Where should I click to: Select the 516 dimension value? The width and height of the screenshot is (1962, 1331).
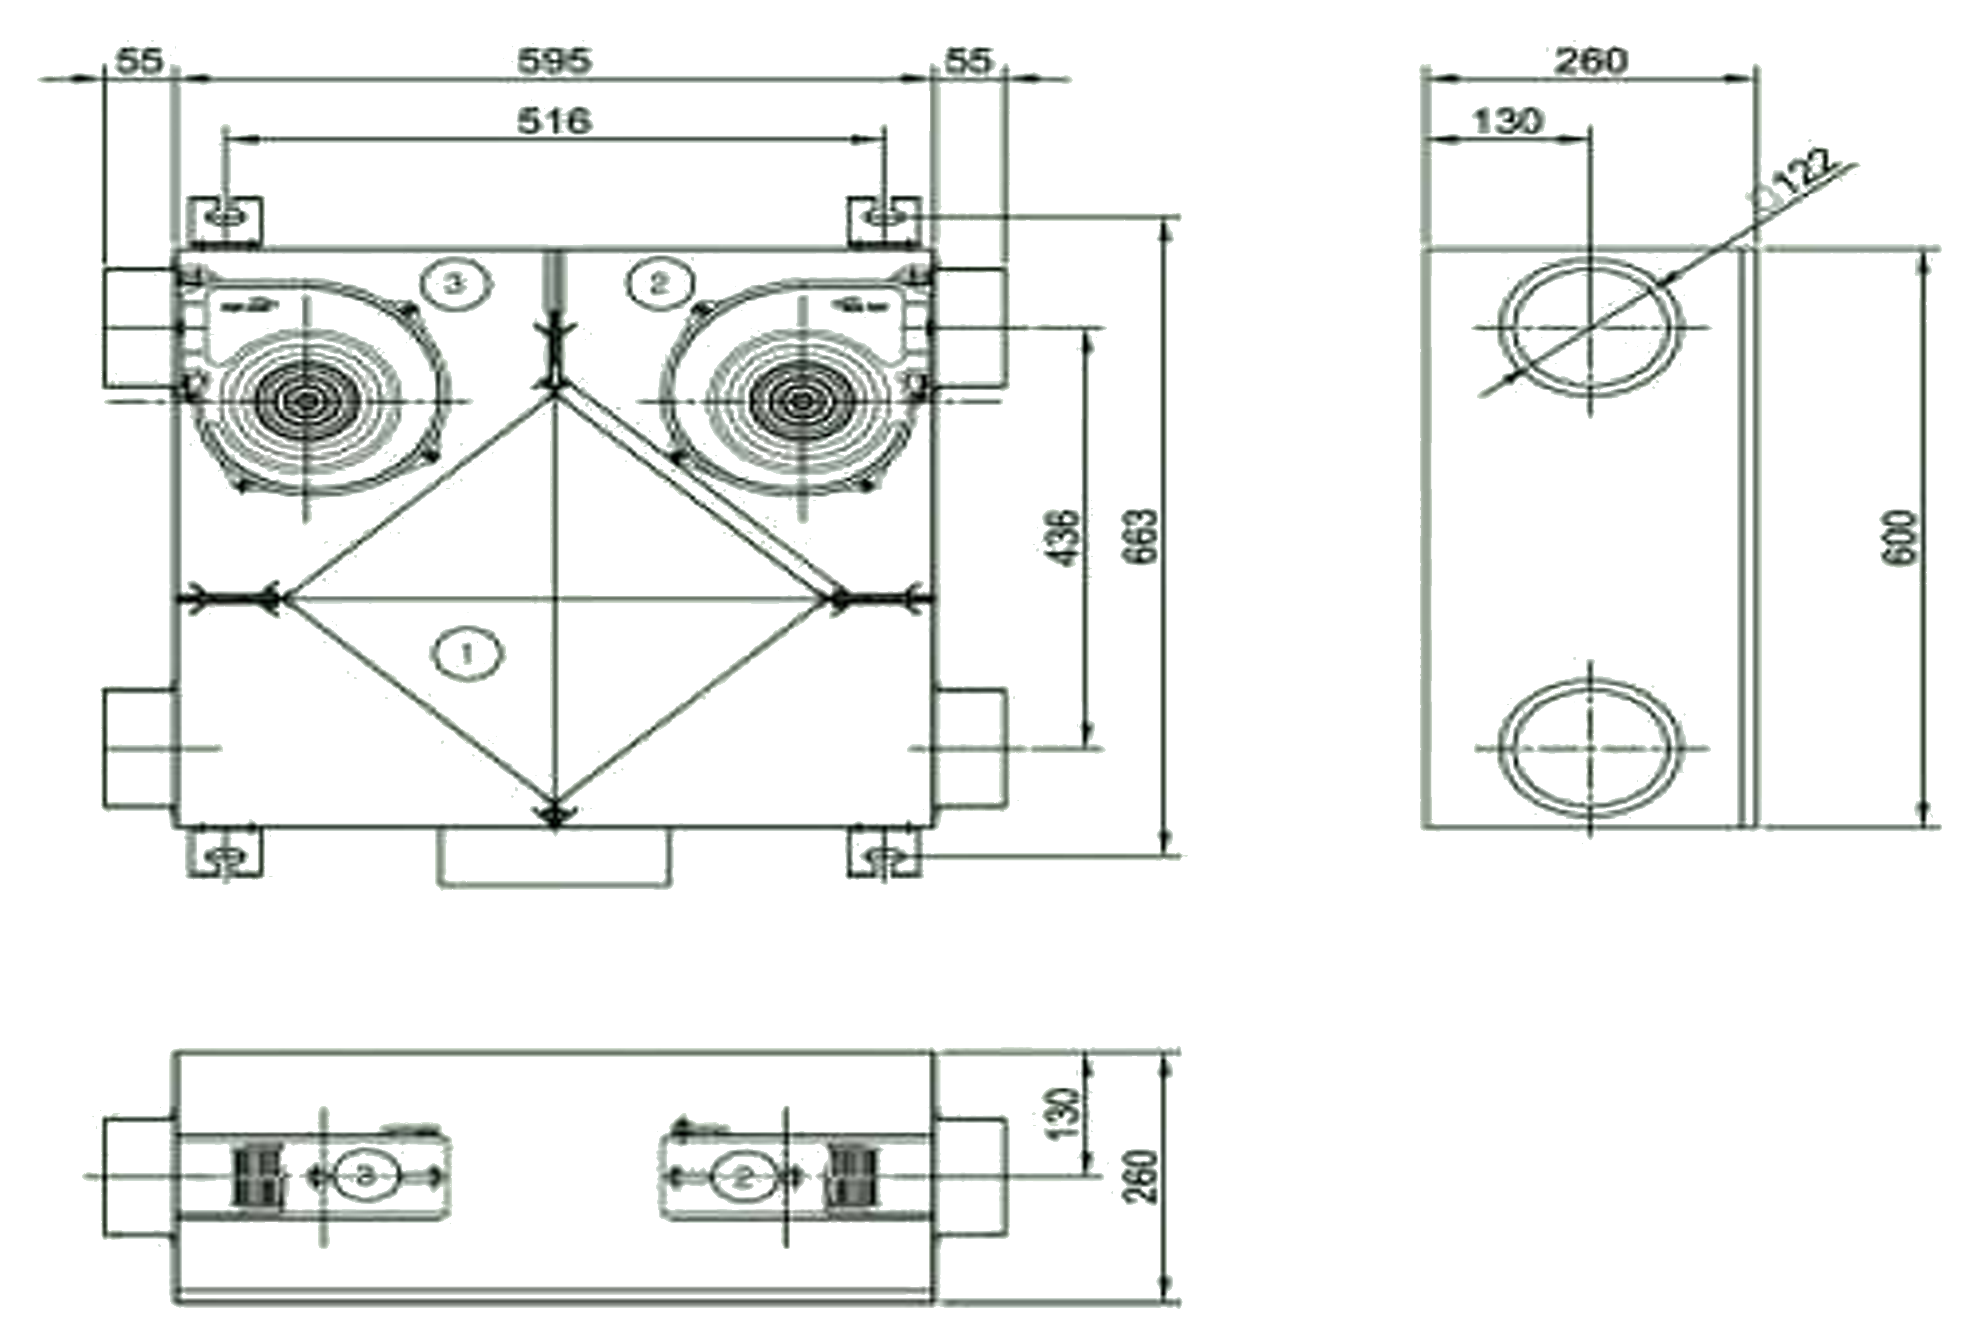(x=555, y=121)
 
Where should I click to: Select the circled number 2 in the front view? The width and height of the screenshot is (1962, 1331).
(x=659, y=283)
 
